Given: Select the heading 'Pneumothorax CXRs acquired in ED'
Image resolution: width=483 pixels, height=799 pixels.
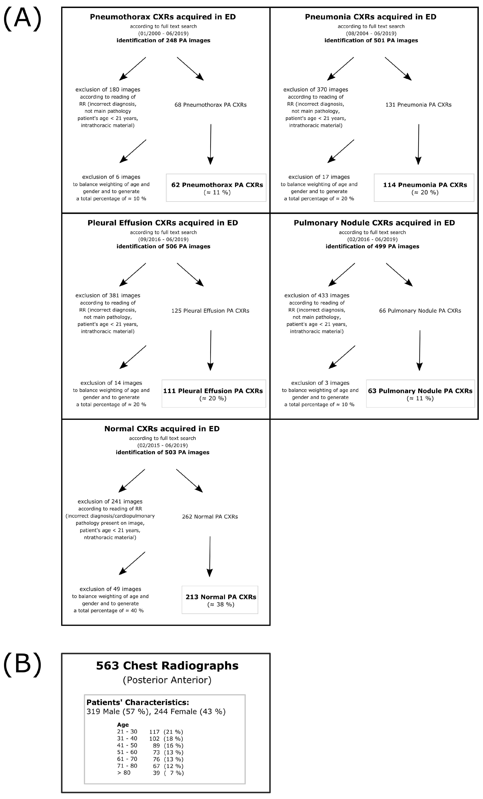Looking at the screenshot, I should (163, 17).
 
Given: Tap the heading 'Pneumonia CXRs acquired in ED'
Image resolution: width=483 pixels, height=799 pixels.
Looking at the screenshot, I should (371, 17).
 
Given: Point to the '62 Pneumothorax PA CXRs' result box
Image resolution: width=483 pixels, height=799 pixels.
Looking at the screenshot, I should (216, 188).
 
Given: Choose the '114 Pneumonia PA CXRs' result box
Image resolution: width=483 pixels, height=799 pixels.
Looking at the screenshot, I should (424, 188).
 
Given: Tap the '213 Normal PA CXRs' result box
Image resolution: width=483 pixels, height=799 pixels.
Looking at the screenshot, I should (220, 600).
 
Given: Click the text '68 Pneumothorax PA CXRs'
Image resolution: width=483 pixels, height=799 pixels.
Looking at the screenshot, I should (210, 105).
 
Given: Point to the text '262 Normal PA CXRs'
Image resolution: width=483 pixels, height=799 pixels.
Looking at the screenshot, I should (210, 517).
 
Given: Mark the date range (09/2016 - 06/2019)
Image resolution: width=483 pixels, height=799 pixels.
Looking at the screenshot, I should (163, 239).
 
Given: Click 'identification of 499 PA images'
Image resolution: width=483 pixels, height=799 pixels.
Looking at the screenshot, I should (372, 246).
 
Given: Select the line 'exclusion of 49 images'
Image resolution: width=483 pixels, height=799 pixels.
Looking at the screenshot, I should (110, 589).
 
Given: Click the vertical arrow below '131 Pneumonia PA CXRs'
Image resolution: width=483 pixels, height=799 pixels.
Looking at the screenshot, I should (418, 144).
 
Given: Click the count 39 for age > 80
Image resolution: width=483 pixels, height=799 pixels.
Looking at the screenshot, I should (156, 773).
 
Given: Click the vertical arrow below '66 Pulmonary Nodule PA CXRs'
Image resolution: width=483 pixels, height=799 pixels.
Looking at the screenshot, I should (420, 350).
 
